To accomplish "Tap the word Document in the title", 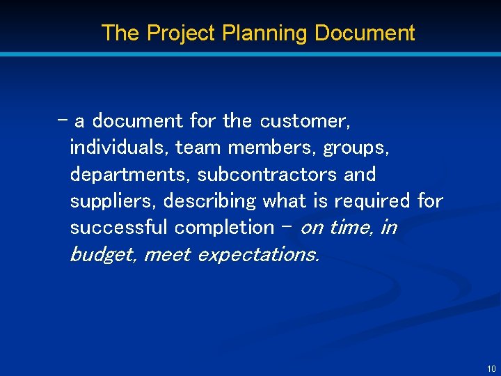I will point(365,33).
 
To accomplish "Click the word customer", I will point(305,121).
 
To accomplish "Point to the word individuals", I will point(119,148).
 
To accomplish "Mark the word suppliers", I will point(114,201).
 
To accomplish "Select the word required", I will point(372,201).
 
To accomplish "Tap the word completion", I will point(225,227).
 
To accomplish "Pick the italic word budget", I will point(103,254).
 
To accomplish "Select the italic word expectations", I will point(259,254).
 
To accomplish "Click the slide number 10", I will point(491,368).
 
